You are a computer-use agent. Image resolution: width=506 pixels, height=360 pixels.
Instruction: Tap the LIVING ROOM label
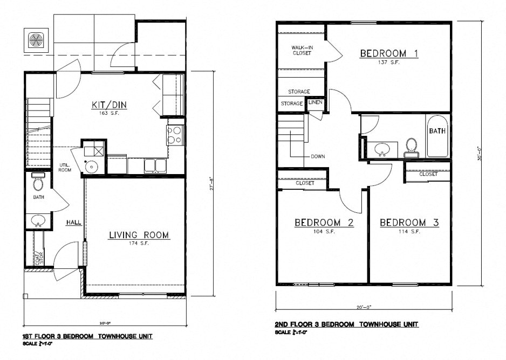[139, 235]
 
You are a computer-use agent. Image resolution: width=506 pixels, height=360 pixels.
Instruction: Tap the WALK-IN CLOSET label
[302, 50]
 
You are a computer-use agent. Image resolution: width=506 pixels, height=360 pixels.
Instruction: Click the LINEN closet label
[315, 102]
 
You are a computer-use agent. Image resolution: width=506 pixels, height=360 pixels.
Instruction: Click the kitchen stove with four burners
[175, 135]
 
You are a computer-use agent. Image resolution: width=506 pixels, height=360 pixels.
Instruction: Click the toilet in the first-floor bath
[38, 183]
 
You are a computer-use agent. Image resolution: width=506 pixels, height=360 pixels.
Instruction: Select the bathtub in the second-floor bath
[437, 136]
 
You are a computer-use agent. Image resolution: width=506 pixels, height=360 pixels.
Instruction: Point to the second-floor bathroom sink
[383, 149]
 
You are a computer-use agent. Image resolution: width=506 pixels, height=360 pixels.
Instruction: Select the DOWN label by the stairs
[318, 157]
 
